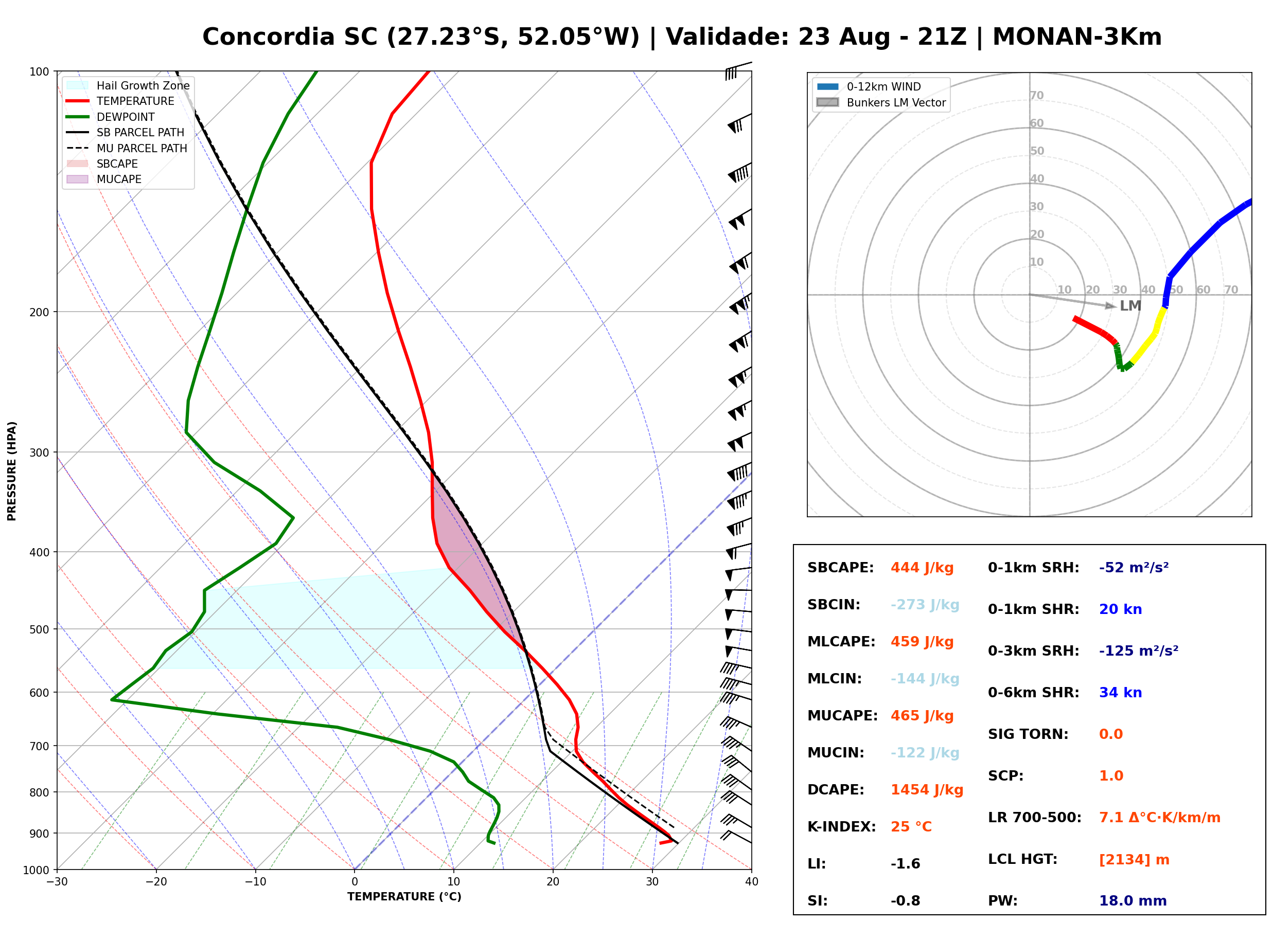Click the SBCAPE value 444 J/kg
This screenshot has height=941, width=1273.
click(922, 568)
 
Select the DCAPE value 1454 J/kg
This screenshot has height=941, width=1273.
click(927, 790)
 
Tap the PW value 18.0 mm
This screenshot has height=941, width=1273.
click(1133, 901)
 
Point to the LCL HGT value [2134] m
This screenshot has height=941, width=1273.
click(1134, 860)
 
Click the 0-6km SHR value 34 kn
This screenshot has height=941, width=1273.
click(1120, 693)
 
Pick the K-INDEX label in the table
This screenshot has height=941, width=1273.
click(842, 827)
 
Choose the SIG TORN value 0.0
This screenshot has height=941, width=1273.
click(1110, 734)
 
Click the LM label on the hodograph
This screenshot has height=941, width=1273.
click(1130, 306)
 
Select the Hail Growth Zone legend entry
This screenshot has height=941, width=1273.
click(128, 85)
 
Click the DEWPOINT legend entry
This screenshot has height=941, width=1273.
click(111, 117)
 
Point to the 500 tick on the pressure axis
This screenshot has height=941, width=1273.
click(43, 629)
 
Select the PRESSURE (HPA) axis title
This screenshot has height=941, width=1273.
click(12, 471)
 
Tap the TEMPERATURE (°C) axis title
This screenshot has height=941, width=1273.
click(404, 897)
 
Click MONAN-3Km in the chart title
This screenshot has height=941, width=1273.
click(1077, 37)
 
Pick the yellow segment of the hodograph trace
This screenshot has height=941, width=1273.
click(1148, 336)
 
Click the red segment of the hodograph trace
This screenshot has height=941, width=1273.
click(1094, 330)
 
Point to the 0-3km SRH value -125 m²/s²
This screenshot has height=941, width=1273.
click(1139, 650)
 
